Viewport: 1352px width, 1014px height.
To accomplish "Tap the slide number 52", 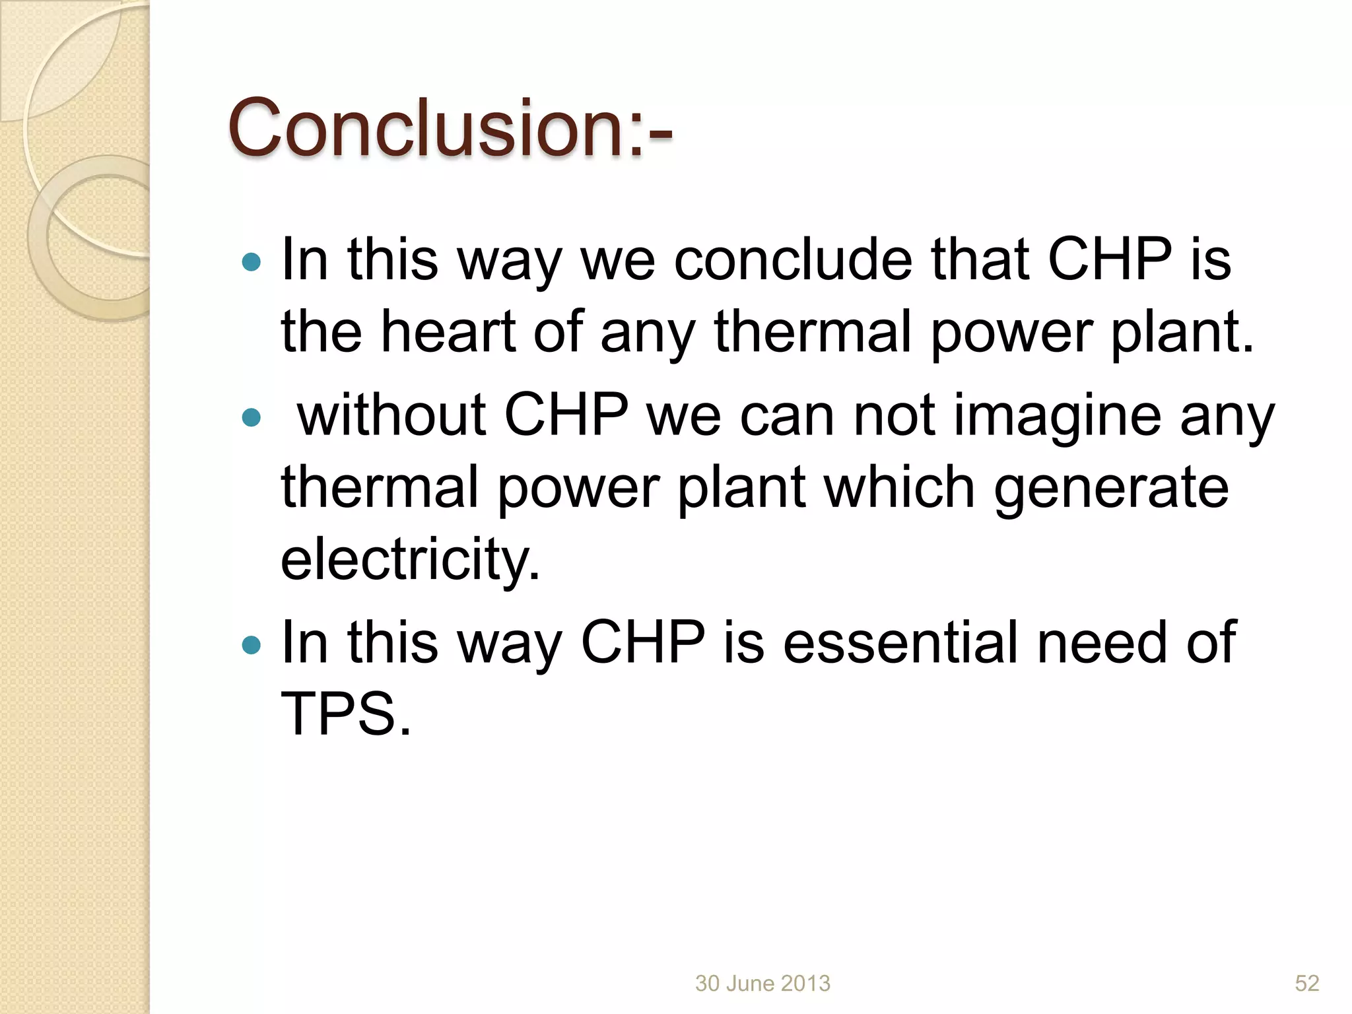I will pos(1306,984).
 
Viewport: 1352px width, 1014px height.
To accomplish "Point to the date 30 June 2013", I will pos(762,984).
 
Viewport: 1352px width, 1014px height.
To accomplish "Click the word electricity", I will pos(410,560).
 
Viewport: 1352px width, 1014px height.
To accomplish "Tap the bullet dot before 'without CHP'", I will pos(252,417).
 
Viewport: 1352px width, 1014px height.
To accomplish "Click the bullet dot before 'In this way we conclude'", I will pos(252,262).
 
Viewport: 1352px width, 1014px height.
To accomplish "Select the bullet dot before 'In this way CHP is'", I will pos(252,644).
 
